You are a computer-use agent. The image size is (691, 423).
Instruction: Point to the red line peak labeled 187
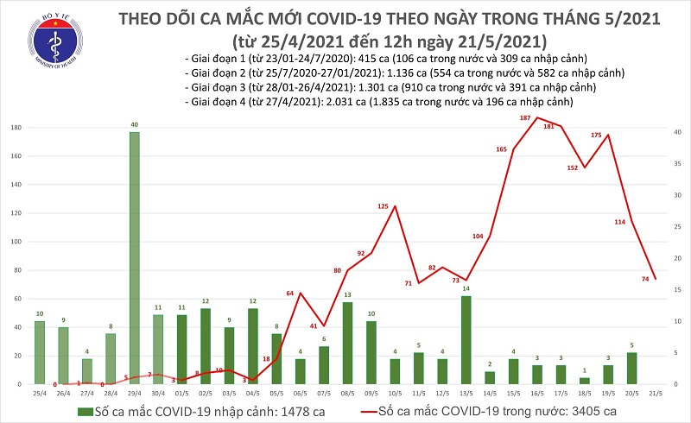[537, 117]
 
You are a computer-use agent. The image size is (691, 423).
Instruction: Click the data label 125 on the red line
[395, 206]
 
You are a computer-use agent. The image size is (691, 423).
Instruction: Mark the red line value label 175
[608, 135]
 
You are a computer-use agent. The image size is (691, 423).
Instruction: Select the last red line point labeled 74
[654, 278]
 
